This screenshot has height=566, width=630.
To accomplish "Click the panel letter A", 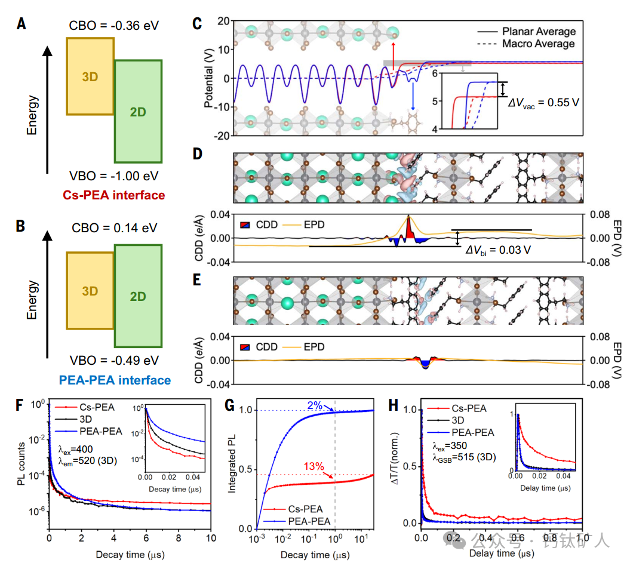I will tap(21, 24).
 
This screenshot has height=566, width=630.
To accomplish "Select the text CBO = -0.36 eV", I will tap(113, 25).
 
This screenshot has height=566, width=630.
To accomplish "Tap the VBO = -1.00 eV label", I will tap(113, 177).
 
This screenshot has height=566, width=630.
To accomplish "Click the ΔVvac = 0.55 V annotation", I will tap(543, 102).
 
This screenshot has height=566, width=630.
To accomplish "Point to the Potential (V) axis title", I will tap(208, 78).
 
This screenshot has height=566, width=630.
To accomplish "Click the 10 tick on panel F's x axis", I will tap(211, 539).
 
